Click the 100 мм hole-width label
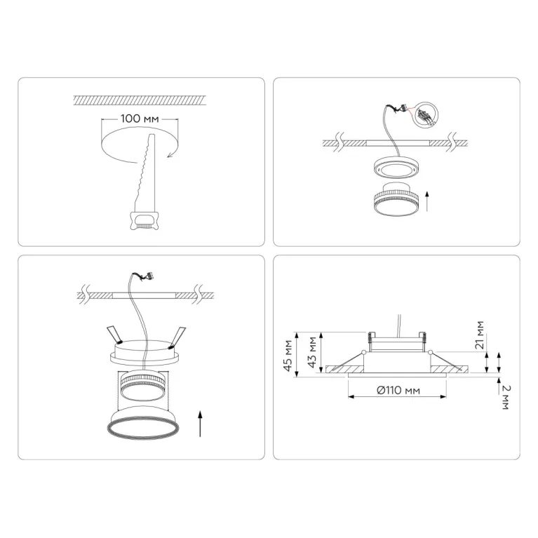click(x=140, y=119)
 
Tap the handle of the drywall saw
click(x=144, y=221)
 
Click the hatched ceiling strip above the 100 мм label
click(x=140, y=100)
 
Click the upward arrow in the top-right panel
click(x=427, y=201)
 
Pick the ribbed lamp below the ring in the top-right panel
click(x=396, y=199)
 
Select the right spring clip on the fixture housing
click(x=177, y=337)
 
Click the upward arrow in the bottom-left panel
click(x=200, y=424)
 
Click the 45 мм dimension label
click(x=288, y=355)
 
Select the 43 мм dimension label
click(x=312, y=352)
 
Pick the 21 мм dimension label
click(x=480, y=335)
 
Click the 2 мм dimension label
click(x=506, y=397)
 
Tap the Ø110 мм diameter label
click(x=398, y=390)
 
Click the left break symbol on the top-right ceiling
click(x=339, y=143)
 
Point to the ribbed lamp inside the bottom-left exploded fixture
click(x=143, y=386)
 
